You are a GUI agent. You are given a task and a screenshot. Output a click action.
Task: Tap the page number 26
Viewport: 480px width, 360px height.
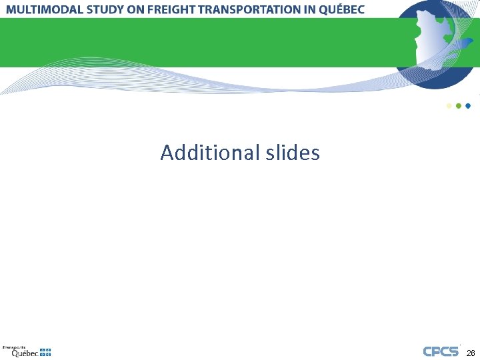(471, 353)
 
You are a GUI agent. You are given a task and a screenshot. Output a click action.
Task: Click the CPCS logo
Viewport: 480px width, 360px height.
(441, 351)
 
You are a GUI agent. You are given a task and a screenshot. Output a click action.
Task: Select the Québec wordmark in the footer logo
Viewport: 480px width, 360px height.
(24, 353)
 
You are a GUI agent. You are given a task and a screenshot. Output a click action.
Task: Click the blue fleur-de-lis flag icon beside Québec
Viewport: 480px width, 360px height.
(45, 352)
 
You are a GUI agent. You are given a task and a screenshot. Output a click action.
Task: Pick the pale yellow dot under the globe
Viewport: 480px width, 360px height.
(449, 105)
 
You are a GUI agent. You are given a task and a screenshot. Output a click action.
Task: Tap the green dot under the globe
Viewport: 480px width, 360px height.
(458, 105)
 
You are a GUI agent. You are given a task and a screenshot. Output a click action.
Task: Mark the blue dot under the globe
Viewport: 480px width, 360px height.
(468, 105)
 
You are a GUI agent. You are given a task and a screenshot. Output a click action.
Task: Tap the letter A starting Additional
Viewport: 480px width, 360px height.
(167, 153)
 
